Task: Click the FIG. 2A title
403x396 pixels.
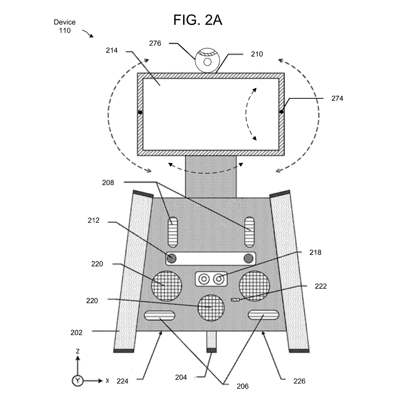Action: pos(198,20)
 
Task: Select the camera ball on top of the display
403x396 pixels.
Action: pos(207,59)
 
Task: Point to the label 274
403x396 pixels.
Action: pos(337,98)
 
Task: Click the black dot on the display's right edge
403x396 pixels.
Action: pos(281,112)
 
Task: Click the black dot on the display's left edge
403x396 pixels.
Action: pos(140,113)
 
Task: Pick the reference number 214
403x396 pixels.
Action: pos(112,51)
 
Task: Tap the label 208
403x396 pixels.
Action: pos(108,183)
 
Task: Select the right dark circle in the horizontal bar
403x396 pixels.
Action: pos(248,258)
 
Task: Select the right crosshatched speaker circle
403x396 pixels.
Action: pos(255,285)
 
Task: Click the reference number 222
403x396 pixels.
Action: pos(321,286)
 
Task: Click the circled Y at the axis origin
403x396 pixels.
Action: pos(78,381)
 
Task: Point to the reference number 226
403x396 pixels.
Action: pos(299,381)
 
